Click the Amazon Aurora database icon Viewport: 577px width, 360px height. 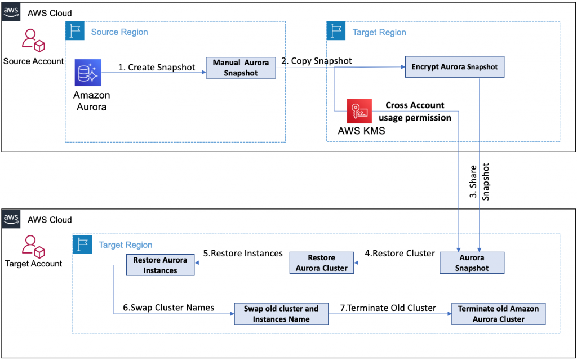pos(87,73)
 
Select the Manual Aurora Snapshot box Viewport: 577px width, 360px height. pos(241,68)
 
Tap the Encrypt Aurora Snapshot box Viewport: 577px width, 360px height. pos(454,67)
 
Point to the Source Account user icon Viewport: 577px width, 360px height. pos(33,41)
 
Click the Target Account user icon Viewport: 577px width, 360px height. pos(33,246)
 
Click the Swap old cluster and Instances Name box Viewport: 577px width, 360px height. pos(281,314)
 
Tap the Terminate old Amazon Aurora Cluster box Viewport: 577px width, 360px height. pos(498,314)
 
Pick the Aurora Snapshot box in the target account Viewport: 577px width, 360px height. pos(472,263)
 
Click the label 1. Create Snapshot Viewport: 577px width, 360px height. pos(157,68)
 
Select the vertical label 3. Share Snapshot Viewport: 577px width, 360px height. pos(479,182)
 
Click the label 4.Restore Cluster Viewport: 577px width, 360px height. pos(400,254)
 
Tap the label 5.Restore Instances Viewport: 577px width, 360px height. pos(243,254)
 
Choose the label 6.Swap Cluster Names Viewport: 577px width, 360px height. pos(168,308)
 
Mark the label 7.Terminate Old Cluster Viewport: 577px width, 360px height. pos(388,308)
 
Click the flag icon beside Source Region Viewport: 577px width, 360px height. pos(74,32)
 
